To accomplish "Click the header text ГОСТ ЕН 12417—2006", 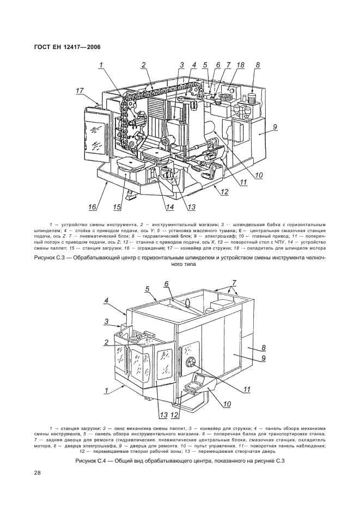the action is click(x=67, y=47).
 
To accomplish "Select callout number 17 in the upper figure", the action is click(x=80, y=91).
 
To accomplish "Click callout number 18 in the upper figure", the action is click(x=240, y=65).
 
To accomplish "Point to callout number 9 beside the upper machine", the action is click(x=275, y=127).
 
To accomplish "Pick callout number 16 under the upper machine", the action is click(x=93, y=207).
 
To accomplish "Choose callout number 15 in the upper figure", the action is click(x=117, y=207).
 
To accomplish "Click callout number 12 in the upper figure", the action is click(x=224, y=192).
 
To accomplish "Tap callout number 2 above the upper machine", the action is click(x=143, y=65).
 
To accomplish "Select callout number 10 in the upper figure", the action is click(x=259, y=175).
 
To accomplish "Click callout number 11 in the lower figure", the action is click(x=247, y=390).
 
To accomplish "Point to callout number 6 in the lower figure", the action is click(x=167, y=284).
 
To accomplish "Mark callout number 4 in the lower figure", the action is click(x=106, y=301).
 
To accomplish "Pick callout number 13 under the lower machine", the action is click(x=163, y=415).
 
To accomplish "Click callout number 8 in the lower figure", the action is click(x=264, y=348).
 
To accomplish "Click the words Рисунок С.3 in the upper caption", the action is click(x=50, y=258).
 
